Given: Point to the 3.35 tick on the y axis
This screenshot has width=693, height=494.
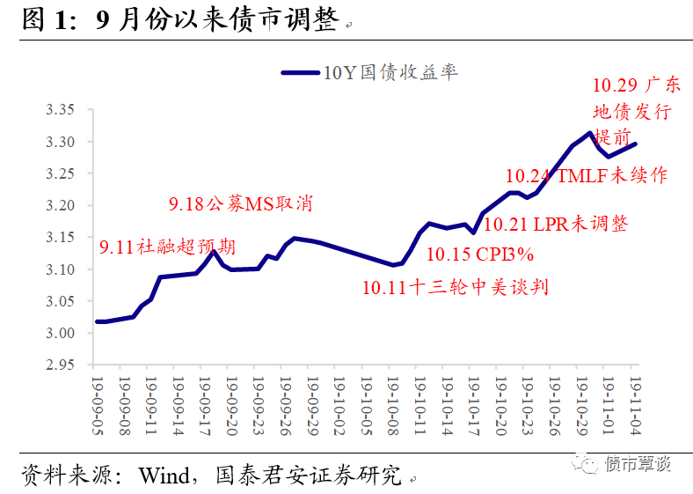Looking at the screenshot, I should click(x=61, y=110).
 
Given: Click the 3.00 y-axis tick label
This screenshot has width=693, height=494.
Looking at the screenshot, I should click(x=61, y=333).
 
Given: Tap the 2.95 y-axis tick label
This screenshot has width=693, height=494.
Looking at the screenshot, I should click(x=61, y=365).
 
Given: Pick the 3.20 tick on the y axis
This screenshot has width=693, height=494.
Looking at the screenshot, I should click(x=61, y=205).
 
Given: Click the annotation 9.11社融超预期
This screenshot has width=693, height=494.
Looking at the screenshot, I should click(x=167, y=247).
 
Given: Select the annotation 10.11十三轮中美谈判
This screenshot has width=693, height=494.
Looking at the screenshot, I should click(x=456, y=287).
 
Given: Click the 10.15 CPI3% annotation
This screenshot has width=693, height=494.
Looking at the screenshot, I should click(x=480, y=255).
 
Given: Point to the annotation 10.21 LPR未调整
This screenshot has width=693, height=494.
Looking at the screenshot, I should click(x=555, y=224).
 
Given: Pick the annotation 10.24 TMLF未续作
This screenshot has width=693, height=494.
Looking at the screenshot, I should click(x=593, y=175).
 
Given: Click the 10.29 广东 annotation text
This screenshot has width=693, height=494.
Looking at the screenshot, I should click(x=636, y=85).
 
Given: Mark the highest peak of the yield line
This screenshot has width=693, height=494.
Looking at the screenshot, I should click(x=589, y=133).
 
